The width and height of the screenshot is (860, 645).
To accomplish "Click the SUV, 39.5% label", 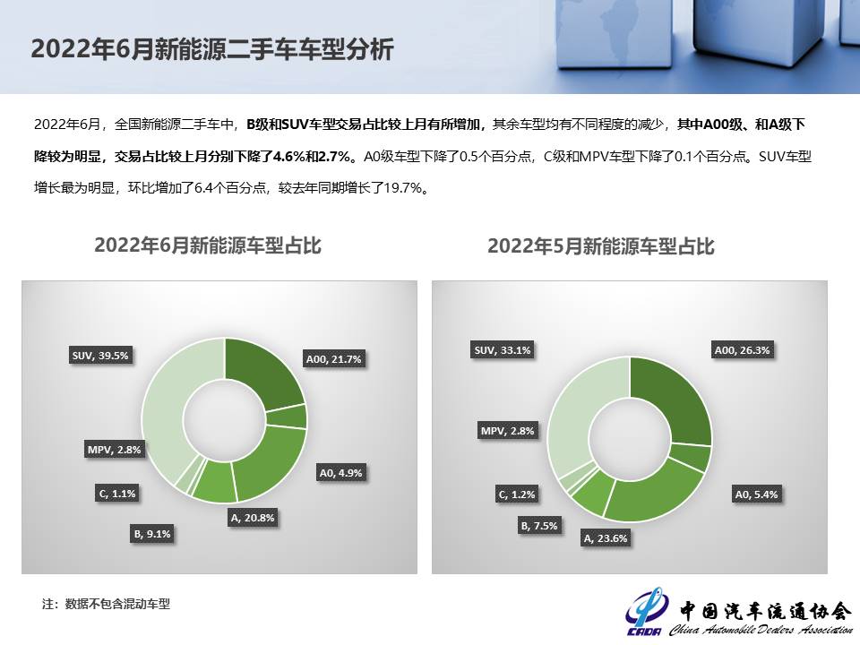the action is [x=100, y=356].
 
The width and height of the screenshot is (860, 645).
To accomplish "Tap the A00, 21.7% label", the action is [x=333, y=359].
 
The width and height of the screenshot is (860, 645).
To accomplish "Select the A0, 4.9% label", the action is [x=340, y=473].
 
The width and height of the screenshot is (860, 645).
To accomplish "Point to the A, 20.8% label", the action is [x=253, y=518].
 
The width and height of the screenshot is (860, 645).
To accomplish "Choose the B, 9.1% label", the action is [x=152, y=534].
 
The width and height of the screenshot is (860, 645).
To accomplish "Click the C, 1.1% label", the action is [x=116, y=494].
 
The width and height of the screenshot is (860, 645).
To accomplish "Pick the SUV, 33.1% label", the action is [x=503, y=350].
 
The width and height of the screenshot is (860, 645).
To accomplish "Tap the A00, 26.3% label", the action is [x=742, y=350].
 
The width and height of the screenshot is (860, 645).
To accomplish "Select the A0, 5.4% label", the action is [x=756, y=494].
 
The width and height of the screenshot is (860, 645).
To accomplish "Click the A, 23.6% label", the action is [x=605, y=538].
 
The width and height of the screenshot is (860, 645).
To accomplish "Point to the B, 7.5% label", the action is [x=538, y=526].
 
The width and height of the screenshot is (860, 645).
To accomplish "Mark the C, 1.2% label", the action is [x=516, y=494].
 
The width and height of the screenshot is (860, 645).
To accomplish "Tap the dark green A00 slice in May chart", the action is [x=675, y=396].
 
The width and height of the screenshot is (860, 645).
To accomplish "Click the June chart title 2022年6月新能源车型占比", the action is [x=207, y=245].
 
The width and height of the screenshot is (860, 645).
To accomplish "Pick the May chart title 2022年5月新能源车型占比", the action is [x=600, y=246].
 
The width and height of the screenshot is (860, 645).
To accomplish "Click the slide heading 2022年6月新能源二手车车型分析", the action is [x=212, y=48].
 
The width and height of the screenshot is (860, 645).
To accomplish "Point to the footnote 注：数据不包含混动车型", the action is [x=106, y=604].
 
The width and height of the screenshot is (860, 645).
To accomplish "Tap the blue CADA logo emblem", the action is [x=645, y=611].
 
